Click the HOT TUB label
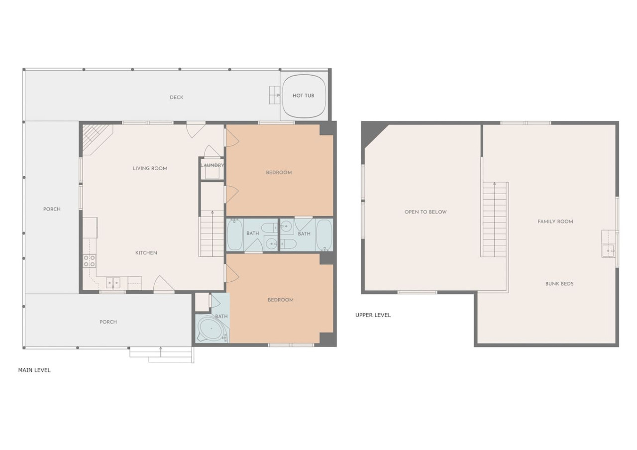click(x=303, y=96)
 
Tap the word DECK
click(x=177, y=97)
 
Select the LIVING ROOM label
click(x=150, y=168)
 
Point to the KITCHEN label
click(x=146, y=253)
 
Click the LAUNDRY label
click(x=212, y=165)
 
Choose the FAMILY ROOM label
click(x=555, y=222)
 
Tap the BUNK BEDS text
click(x=559, y=284)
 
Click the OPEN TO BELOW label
click(x=425, y=212)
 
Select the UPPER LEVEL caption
click(x=373, y=315)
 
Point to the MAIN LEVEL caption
click(x=34, y=370)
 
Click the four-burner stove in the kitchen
click(x=89, y=261)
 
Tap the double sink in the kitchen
click(x=113, y=283)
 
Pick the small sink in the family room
click(x=608, y=251)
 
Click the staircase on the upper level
click(x=495, y=220)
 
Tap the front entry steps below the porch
click(x=162, y=355)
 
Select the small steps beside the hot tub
click(x=275, y=95)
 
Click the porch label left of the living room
click(x=52, y=209)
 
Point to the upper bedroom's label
click(x=279, y=173)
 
